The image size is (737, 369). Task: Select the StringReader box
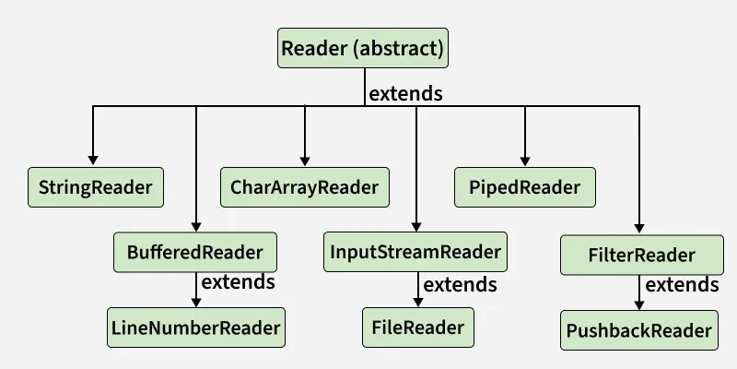click(x=96, y=187)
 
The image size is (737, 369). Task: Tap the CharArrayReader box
click(x=304, y=187)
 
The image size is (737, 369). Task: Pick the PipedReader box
click(x=525, y=187)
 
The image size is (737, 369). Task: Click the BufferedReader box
click(x=194, y=253)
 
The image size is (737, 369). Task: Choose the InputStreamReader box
click(x=416, y=253)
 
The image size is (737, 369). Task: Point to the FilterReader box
click(x=640, y=255)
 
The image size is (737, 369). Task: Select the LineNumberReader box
click(x=195, y=327)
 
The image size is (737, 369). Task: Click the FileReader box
click(x=417, y=327)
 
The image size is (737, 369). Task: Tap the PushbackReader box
click(x=639, y=330)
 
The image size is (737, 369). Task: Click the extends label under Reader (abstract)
click(x=405, y=93)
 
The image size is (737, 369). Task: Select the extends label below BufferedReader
click(x=238, y=281)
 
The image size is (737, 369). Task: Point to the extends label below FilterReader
click(x=682, y=284)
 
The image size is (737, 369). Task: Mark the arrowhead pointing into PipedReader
click(x=525, y=160)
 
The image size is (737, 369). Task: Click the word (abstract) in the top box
click(x=401, y=48)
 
